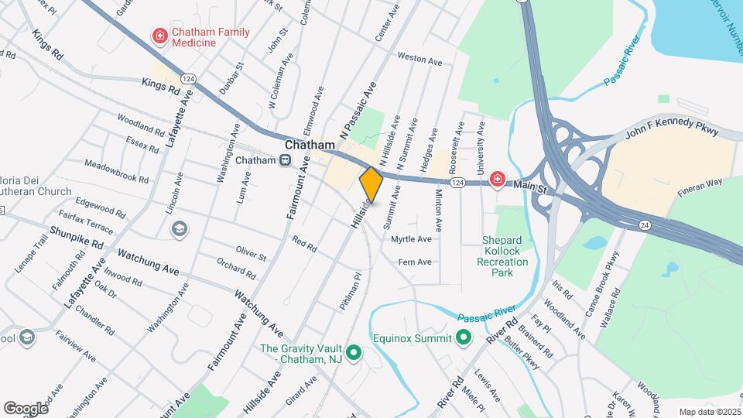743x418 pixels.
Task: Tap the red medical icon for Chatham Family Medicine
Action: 160,36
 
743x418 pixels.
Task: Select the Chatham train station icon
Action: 286,160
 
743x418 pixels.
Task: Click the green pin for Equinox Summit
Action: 464,337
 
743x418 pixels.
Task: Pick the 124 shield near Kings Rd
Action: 188,79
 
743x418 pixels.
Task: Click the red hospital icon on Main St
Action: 496,180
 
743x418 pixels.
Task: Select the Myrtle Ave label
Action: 411,239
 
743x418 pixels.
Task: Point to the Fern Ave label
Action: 414,262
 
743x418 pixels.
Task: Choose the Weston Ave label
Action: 419,57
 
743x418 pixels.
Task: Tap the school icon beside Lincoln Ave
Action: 179,229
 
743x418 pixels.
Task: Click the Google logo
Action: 26,408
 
